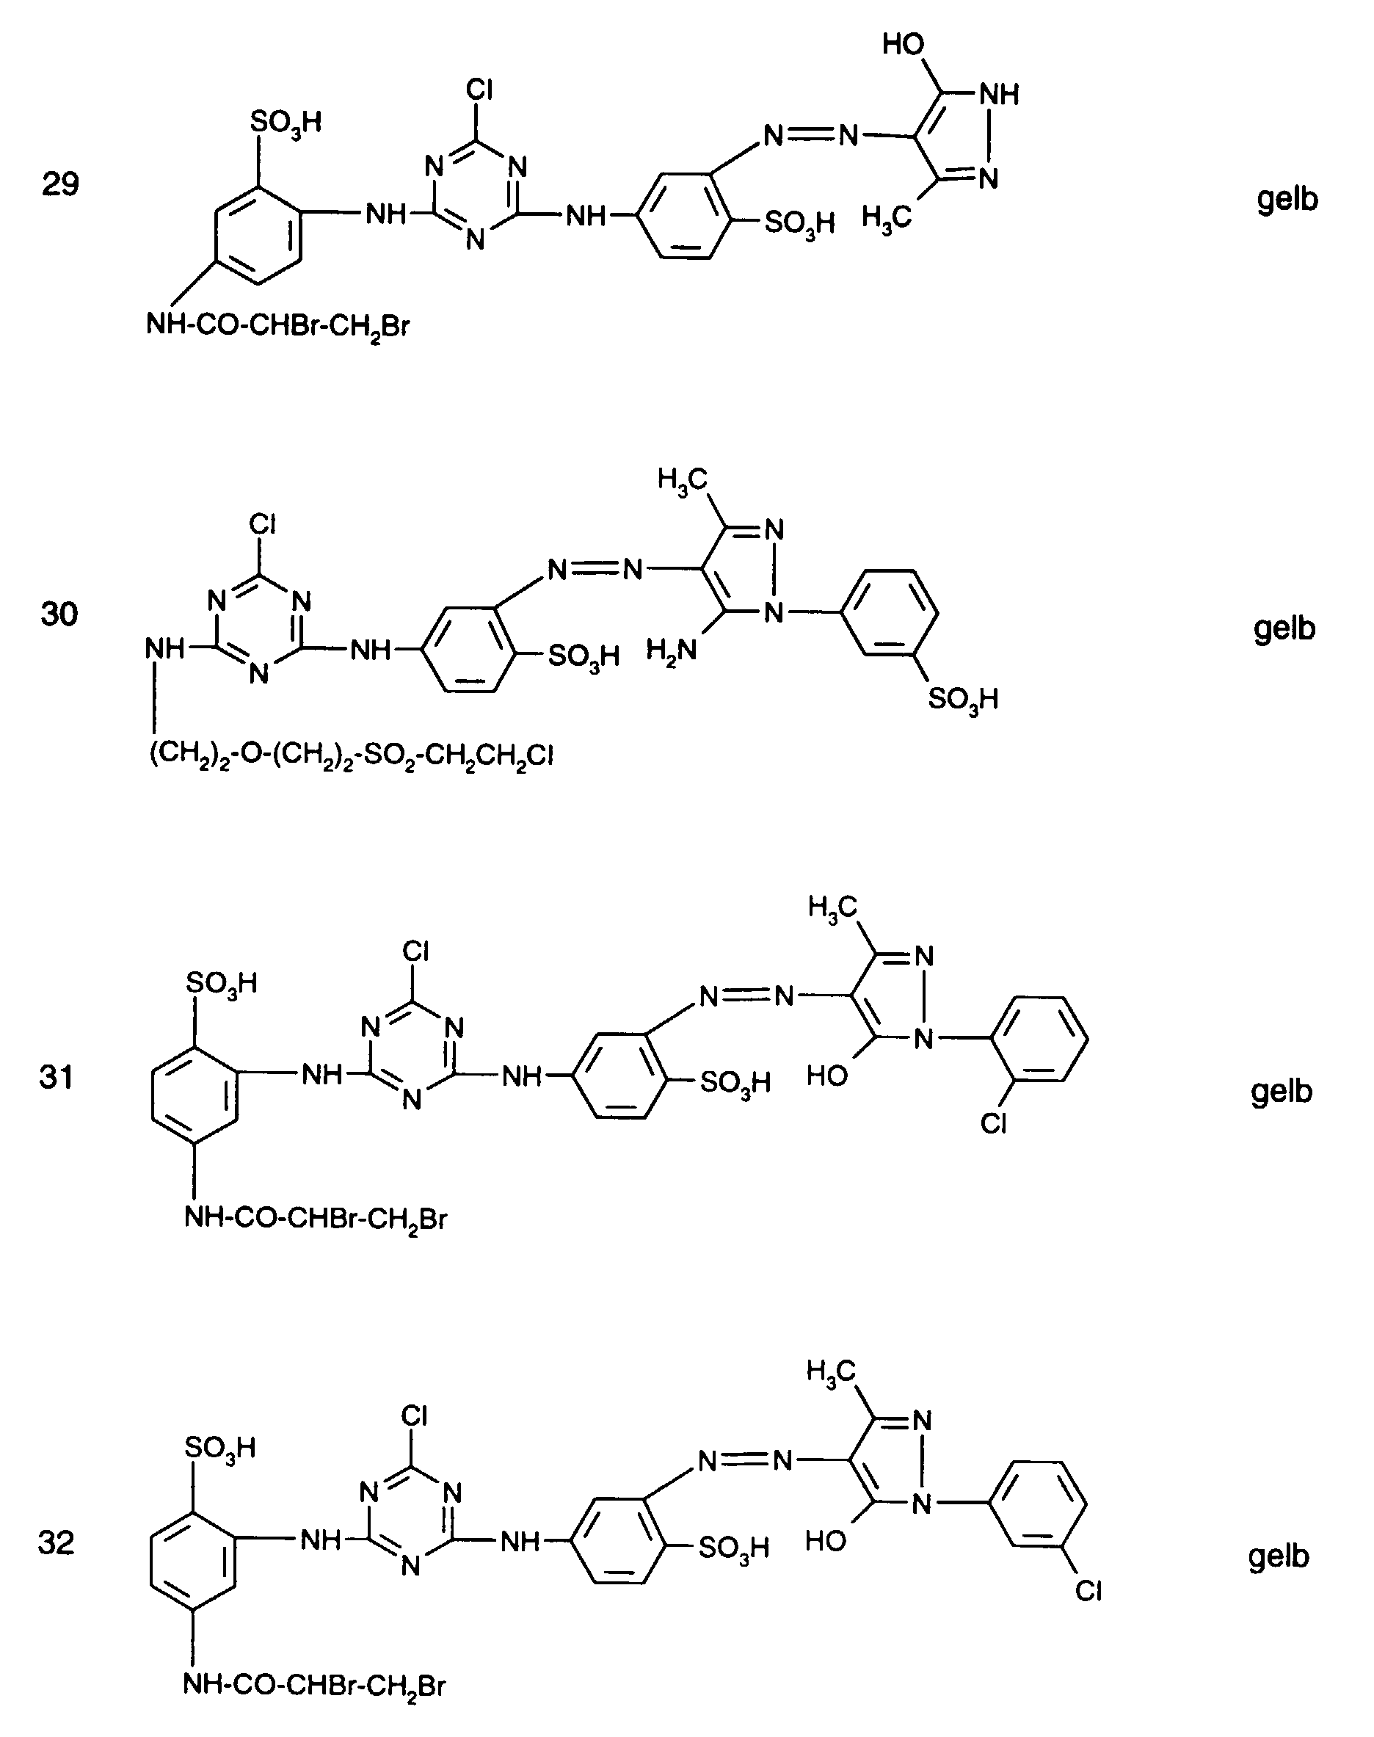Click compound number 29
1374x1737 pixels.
tap(60, 185)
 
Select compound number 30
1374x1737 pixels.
tap(59, 614)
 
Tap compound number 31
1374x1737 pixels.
tap(57, 1076)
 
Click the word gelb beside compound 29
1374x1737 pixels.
tap(1287, 199)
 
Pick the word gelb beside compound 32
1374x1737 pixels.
tap(1279, 1556)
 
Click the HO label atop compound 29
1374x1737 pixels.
tap(904, 44)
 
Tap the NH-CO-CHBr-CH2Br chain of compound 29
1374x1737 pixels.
tap(277, 327)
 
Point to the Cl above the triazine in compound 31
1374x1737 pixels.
tap(415, 951)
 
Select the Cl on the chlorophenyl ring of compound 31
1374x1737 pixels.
tap(995, 1124)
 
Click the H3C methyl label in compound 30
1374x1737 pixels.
tap(681, 479)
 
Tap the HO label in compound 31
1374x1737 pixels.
tap(827, 1076)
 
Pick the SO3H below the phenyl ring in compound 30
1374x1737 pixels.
tap(963, 699)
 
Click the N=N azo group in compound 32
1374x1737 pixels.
tap(745, 1460)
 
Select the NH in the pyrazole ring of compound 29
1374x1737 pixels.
tap(998, 94)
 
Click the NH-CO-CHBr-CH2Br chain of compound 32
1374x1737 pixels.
tap(313, 1684)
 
